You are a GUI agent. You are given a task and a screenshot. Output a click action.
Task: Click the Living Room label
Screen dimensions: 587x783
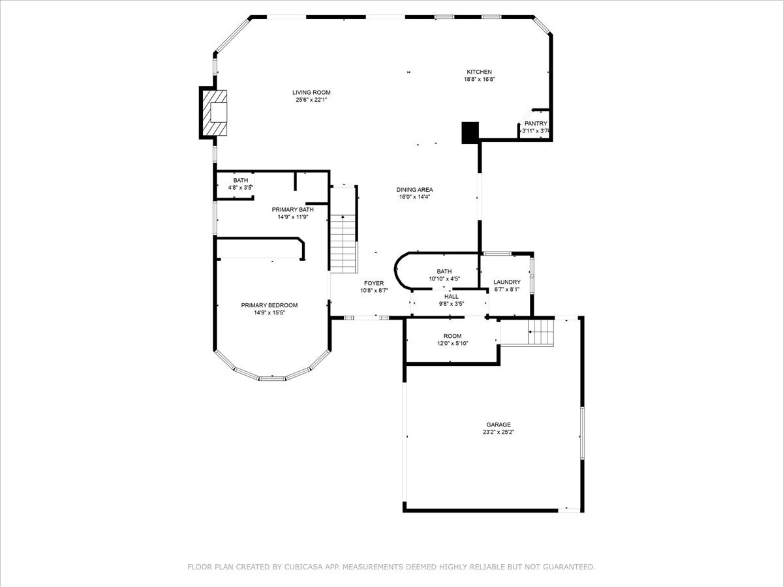(311, 93)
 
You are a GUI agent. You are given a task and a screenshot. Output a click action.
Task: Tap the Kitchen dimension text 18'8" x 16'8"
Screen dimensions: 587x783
(479, 80)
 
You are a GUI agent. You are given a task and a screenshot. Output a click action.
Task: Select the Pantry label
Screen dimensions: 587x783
(535, 123)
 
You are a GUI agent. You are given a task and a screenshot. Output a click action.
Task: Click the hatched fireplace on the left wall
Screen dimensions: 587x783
(215, 113)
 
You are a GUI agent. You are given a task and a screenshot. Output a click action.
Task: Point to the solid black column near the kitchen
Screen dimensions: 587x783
(470, 132)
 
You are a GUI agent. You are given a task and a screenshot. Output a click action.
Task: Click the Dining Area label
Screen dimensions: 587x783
(414, 190)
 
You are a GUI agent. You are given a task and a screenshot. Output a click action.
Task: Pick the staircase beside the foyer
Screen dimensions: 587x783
(344, 243)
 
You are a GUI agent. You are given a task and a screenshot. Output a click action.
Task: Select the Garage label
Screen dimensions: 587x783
(498, 425)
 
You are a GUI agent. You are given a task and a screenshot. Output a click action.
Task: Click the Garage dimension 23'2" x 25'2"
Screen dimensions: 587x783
(498, 432)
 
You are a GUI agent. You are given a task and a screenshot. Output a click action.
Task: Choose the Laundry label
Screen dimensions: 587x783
(506, 282)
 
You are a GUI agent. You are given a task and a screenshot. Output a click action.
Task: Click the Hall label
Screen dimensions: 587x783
(451, 296)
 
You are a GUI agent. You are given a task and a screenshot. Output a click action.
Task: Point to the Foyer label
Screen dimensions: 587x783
(374, 283)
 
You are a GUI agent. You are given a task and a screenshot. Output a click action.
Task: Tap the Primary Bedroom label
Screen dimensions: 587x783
(269, 305)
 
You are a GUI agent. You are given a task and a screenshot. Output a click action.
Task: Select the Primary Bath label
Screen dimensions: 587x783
(292, 209)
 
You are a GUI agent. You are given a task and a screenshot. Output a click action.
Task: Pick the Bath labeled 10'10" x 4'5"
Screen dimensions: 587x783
(444, 271)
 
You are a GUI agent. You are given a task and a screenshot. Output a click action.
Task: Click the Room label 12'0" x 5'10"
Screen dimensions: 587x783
(452, 336)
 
